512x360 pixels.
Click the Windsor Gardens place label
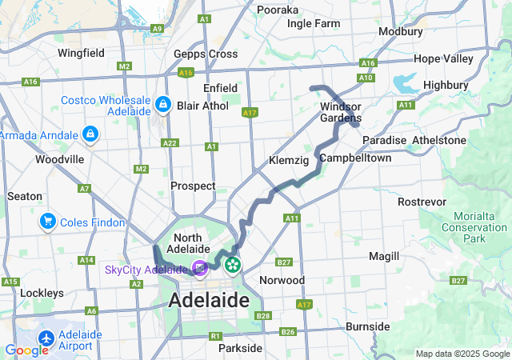[341, 113]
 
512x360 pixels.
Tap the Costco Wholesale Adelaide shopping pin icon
[163, 104]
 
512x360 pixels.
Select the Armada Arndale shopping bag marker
[90, 133]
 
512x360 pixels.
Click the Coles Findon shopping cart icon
[48, 222]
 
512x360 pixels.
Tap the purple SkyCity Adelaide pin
[198, 270]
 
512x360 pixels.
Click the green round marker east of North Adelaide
[233, 263]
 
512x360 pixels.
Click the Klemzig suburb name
[289, 161]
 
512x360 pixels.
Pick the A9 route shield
[158, 28]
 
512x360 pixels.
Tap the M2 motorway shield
[142, 169]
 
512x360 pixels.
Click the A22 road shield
[170, 143]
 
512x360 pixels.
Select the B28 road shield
[263, 317]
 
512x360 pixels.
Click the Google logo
[27, 350]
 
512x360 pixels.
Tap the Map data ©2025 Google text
[462, 354]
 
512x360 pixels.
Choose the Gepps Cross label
[206, 54]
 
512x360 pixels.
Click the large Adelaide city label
[209, 301]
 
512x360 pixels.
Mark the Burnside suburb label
[367, 326]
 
